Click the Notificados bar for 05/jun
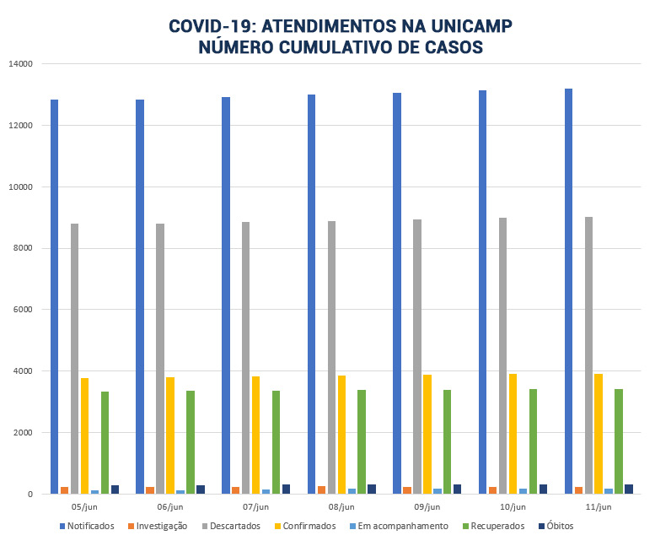click(x=54, y=296)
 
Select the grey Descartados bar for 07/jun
click(x=245, y=358)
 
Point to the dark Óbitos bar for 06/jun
click(x=201, y=489)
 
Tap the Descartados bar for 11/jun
click(x=588, y=355)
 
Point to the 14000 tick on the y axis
click(x=20, y=64)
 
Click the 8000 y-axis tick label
click(x=23, y=248)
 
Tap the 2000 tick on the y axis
click(x=23, y=433)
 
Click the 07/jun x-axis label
click(x=255, y=507)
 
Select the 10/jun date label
click(x=513, y=507)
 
